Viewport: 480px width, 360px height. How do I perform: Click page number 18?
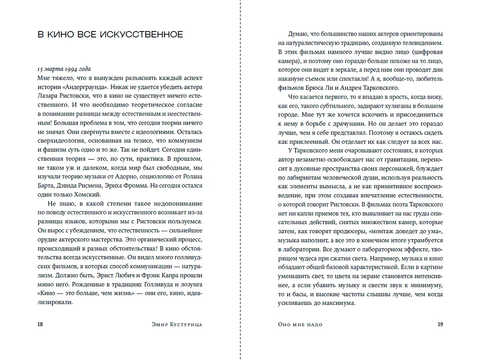pos(40,324)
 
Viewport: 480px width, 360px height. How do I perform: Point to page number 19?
pos(440,324)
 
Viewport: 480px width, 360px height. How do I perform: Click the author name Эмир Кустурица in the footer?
pos(177,324)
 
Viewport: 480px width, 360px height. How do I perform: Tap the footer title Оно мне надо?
pos(300,324)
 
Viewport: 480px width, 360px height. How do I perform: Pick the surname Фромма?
pos(135,186)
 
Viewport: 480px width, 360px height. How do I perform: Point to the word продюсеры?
pos(350,231)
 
